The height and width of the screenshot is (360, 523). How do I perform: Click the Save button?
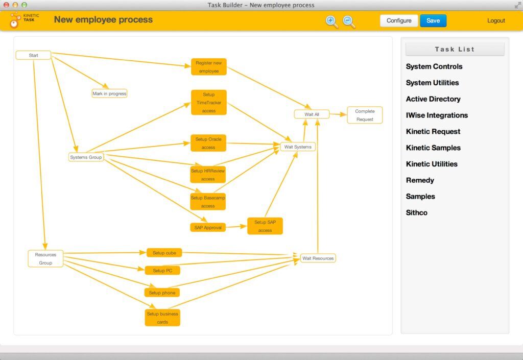tap(433, 20)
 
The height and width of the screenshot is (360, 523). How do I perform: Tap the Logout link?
tap(496, 20)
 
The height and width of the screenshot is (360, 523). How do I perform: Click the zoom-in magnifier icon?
tap(331, 21)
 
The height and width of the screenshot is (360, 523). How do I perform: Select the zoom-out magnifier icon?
tap(349, 21)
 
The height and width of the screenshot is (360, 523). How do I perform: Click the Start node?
tap(33, 55)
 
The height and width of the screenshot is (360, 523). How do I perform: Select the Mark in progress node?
tap(109, 93)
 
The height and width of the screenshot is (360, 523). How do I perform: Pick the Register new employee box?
tap(209, 67)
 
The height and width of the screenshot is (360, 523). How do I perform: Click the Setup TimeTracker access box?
tap(209, 102)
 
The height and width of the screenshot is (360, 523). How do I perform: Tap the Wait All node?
tap(312, 114)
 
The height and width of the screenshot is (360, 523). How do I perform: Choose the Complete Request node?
tap(365, 115)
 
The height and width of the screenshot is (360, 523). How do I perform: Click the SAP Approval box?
tap(208, 227)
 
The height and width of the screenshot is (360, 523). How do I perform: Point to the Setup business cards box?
tap(162, 318)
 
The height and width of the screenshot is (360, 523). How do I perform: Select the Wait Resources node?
tap(318, 258)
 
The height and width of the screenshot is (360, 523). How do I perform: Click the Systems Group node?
tap(86, 157)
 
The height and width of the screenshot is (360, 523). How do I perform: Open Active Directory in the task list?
tap(433, 99)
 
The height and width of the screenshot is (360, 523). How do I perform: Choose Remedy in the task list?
tap(420, 180)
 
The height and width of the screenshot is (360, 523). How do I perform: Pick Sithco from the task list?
tap(417, 212)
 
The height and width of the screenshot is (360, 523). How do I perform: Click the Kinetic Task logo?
tap(25, 20)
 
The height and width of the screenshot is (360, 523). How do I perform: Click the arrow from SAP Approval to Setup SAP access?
tap(236, 227)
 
